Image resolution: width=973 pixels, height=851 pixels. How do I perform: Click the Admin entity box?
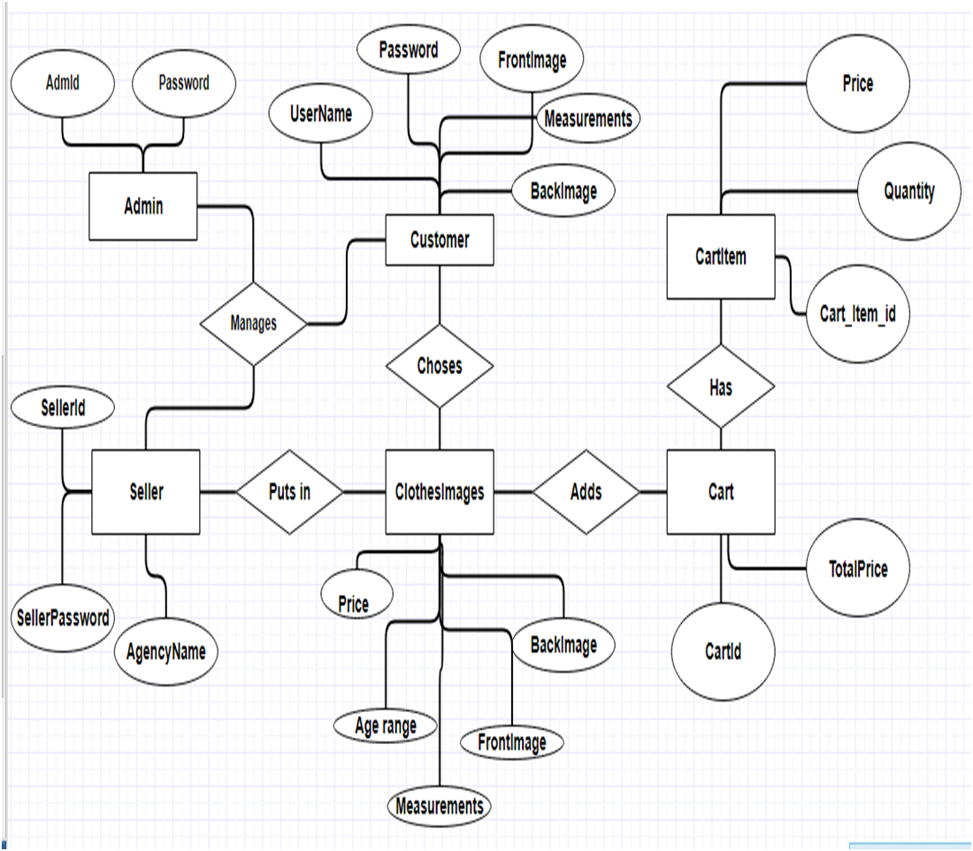click(143, 206)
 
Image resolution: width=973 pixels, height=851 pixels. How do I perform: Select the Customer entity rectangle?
click(440, 240)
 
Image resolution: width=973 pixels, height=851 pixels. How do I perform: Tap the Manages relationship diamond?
click(254, 323)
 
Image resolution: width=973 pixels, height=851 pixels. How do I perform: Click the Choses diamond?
click(440, 365)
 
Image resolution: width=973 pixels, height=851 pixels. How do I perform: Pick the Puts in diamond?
click(289, 492)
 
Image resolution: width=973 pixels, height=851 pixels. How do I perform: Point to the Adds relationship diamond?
click(586, 492)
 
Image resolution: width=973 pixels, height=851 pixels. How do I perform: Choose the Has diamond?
click(721, 387)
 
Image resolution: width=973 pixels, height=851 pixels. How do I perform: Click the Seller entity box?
click(146, 492)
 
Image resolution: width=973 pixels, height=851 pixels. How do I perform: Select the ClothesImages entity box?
click(440, 492)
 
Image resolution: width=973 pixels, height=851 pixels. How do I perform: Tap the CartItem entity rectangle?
click(721, 257)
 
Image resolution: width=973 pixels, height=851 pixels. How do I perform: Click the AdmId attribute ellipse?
click(63, 83)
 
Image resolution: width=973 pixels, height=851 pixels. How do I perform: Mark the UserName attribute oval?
click(321, 113)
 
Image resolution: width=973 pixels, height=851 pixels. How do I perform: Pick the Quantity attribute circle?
click(909, 191)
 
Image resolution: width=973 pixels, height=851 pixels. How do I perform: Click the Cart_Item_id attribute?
click(858, 313)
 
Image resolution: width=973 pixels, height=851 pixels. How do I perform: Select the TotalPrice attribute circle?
click(859, 569)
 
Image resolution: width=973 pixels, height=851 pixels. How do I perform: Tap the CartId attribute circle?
click(724, 652)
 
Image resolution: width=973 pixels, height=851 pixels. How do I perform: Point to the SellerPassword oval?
click(63, 617)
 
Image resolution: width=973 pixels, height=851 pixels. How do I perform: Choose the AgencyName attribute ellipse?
click(165, 652)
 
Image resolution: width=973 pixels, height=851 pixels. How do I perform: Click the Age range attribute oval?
click(386, 726)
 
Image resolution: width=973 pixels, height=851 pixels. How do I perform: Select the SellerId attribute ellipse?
click(63, 408)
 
